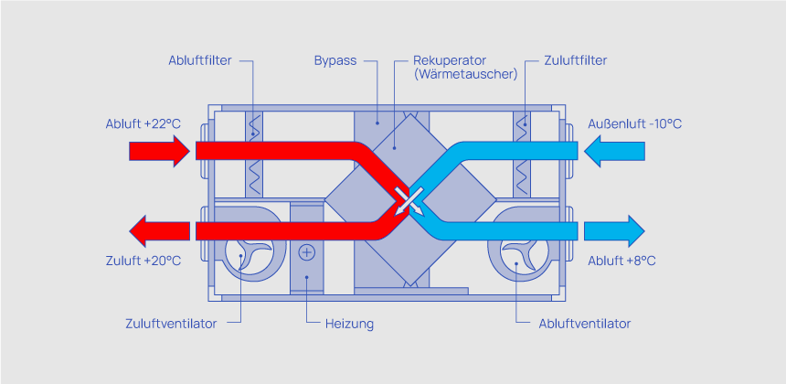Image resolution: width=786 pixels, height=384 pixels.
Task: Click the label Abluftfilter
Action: (199, 61)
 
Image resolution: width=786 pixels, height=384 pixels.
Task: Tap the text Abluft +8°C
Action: (622, 261)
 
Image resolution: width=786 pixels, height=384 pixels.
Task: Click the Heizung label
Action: (349, 324)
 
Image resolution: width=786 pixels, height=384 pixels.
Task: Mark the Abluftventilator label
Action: (585, 324)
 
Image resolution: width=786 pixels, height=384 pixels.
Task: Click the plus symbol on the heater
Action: (307, 251)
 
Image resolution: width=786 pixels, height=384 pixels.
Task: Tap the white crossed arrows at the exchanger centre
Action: (404, 202)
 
